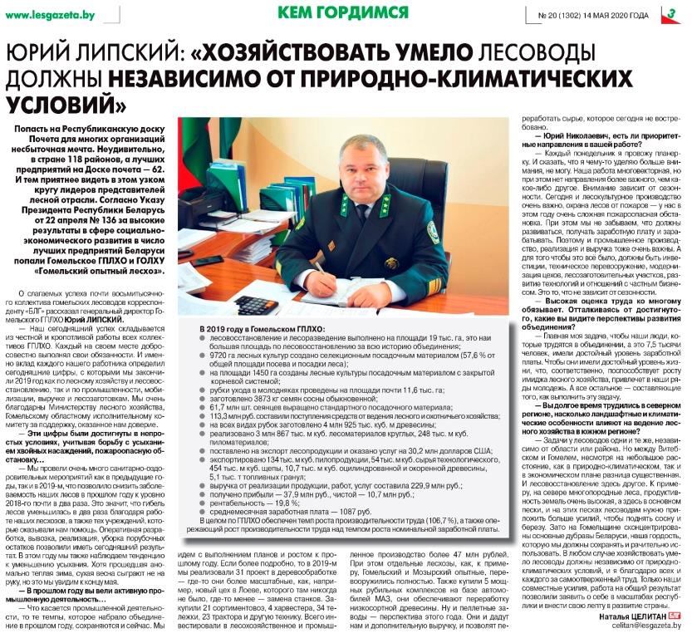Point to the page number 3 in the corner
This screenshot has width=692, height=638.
click(670, 14)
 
